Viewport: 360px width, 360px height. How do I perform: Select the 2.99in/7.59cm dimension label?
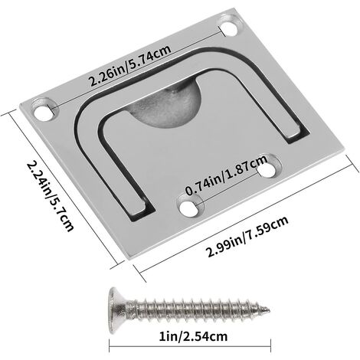[247, 236]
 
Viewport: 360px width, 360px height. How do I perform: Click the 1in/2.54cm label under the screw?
[193, 336]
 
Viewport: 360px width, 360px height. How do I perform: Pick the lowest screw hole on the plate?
[189, 206]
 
